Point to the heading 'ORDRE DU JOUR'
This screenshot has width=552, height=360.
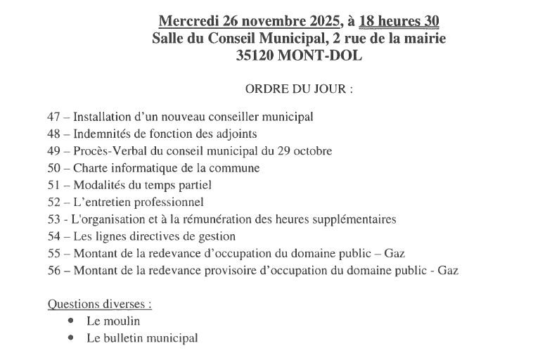pos(298,90)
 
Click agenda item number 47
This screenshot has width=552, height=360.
pos(53,117)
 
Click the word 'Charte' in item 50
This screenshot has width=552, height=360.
pos(89,168)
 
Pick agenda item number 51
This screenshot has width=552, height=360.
pos(53,185)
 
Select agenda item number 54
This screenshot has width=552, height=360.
pos(53,236)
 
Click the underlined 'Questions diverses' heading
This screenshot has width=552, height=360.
pos(99,304)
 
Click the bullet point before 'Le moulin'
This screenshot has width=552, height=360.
pos(71,321)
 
